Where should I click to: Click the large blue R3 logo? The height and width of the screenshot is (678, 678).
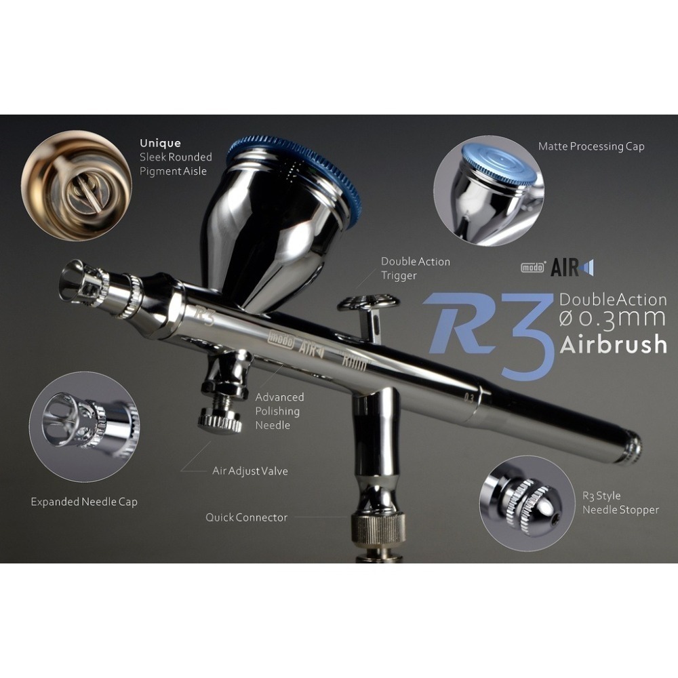point(485,329)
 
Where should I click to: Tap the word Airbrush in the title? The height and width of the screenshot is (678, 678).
point(613,344)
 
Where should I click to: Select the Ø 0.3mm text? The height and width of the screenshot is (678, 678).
point(612,320)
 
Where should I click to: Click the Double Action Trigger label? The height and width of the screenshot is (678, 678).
point(415,268)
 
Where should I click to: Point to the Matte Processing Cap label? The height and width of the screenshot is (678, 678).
point(591,146)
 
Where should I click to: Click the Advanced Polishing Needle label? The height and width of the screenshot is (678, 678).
point(279,411)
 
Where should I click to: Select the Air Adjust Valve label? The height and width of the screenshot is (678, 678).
point(250,471)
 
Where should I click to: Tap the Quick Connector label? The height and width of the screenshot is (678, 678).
point(246,517)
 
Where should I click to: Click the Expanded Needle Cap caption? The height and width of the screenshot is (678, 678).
point(84,502)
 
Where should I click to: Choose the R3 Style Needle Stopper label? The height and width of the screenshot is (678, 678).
point(620,502)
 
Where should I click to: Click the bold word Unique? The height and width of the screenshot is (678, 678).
point(160,143)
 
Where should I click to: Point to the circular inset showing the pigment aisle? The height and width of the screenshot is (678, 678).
point(76,185)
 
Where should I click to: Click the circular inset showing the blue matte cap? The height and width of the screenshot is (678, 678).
point(489,191)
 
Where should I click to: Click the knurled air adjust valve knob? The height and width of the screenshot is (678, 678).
point(220,420)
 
